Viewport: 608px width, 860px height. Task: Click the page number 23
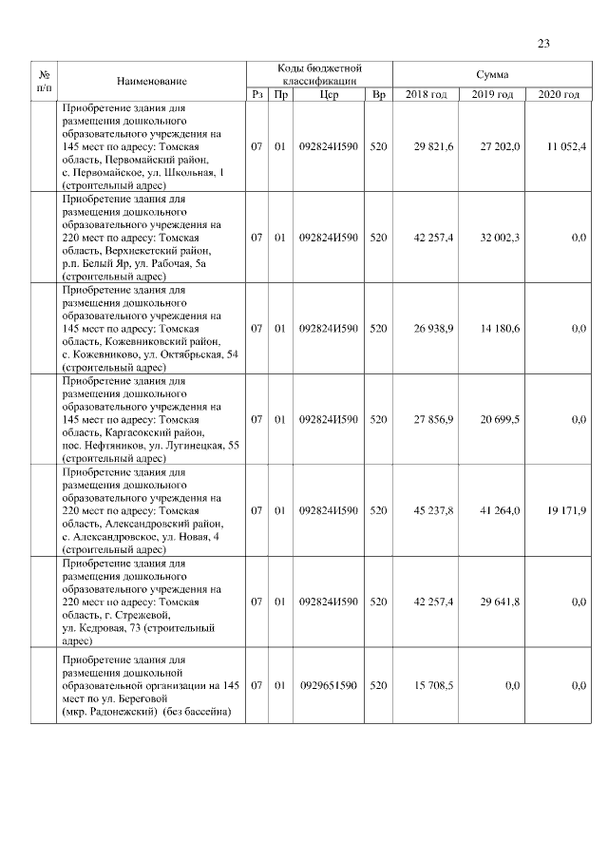[543, 43]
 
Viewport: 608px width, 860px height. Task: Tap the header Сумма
[491, 74]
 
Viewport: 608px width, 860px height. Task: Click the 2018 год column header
[426, 94]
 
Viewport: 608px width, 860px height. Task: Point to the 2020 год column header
[559, 94]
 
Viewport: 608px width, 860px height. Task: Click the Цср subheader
[329, 94]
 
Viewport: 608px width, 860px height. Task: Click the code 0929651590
[329, 684]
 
